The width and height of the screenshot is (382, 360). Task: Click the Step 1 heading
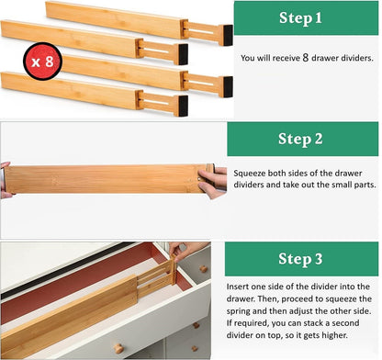coord(306,17)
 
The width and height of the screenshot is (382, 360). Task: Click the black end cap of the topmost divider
coord(226,34)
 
